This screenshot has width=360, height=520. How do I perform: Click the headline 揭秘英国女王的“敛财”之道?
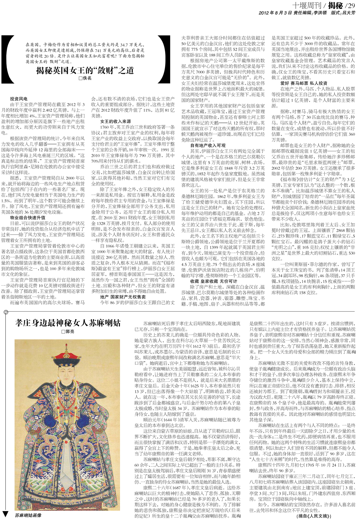(85, 71)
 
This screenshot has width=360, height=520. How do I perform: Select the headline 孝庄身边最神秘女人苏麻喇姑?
(68, 323)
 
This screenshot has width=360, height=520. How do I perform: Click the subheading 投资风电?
(19, 99)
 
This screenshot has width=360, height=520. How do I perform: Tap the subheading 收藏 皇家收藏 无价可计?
(214, 281)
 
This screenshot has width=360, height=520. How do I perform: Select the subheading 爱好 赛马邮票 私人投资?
(304, 83)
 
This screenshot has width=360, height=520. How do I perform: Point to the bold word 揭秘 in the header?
(335, 5)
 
